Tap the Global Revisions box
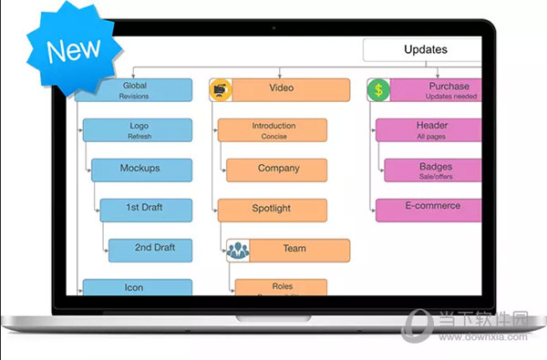click(134, 90)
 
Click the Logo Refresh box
click(138, 130)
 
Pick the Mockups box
click(140, 170)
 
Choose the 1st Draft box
click(146, 209)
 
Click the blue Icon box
click(135, 288)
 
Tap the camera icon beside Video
click(220, 89)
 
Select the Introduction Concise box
click(273, 130)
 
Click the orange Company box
click(277, 170)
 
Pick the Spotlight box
click(271, 210)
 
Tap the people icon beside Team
click(238, 250)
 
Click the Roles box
click(282, 288)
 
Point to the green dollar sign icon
click(378, 90)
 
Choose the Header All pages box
click(428, 129)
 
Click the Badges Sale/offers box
click(432, 170)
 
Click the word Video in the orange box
click(281, 88)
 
